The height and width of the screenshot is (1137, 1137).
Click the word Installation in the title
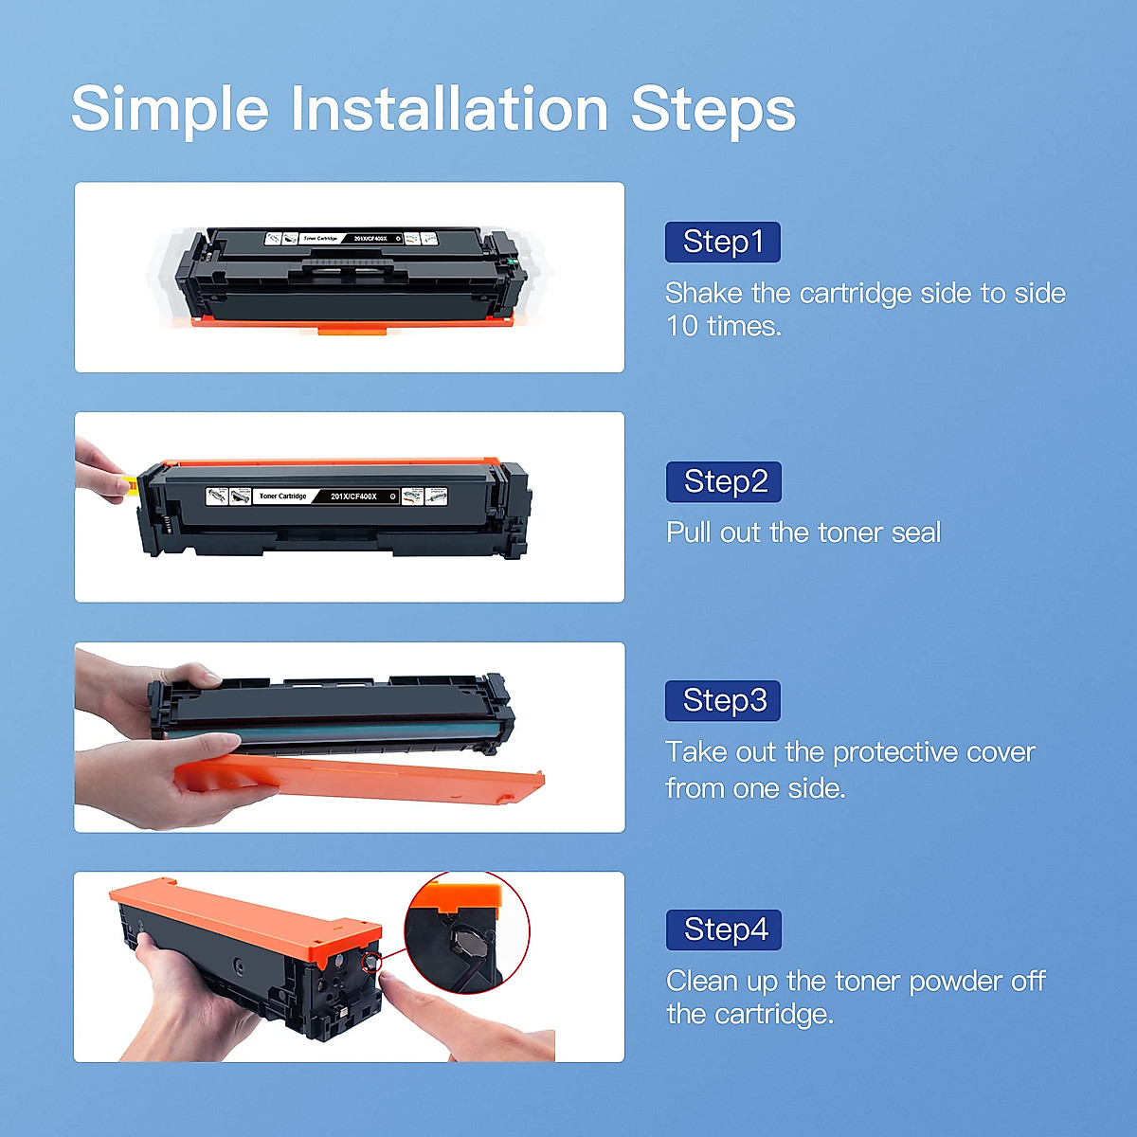[x=449, y=109]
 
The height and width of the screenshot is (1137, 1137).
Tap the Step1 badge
[x=723, y=243]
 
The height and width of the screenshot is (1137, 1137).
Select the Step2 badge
[x=724, y=482]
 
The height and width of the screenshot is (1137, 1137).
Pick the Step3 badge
[x=723, y=701]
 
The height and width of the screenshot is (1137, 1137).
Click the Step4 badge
[x=724, y=930]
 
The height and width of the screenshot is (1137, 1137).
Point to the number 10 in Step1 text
[x=682, y=327]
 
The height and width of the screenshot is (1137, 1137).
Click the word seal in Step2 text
[x=915, y=532]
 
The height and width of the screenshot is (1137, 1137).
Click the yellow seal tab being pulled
[x=133, y=485]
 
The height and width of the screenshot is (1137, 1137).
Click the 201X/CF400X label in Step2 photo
[x=353, y=496]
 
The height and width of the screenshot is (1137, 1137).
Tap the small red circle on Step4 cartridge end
[x=370, y=963]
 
